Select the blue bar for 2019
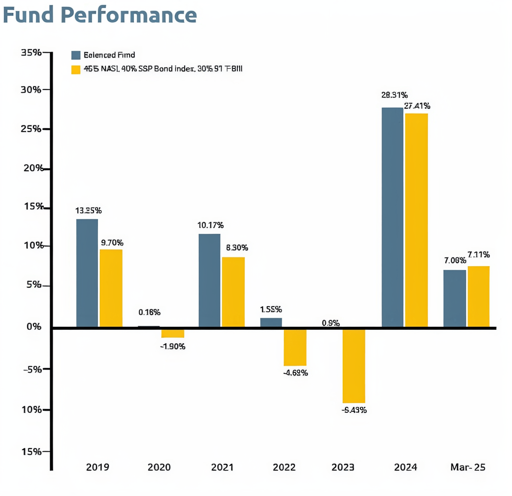[x=87, y=273]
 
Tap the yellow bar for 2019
[x=111, y=288]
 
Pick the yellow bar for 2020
[x=173, y=333]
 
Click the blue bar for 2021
[x=209, y=280]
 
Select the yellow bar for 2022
[x=295, y=347]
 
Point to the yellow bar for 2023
[x=354, y=366]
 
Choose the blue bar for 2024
[x=392, y=217]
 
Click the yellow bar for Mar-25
[x=479, y=296]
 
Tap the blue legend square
[x=76, y=55]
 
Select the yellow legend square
[x=76, y=69]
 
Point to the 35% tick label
[x=31, y=52]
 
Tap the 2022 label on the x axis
[x=284, y=467]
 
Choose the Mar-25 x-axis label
[x=468, y=467]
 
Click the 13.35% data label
[x=89, y=211]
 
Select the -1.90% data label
[x=172, y=346]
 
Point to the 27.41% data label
[x=417, y=106]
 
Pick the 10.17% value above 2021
[x=211, y=225]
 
